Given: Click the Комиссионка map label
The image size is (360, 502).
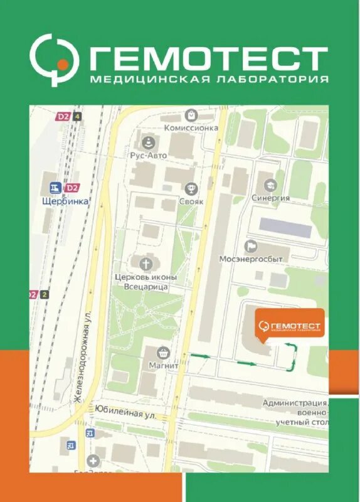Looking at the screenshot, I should point(191,127).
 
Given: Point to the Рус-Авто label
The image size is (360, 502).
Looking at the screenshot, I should point(148,156).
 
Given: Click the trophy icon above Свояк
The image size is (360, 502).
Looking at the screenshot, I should point(191,188).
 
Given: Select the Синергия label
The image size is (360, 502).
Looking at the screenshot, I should point(271,198).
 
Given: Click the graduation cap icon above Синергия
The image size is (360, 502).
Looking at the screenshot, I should point(271,185).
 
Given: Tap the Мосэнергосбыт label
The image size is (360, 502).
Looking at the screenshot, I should point(254,259).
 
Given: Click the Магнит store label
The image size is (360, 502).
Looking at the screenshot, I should point(164,365).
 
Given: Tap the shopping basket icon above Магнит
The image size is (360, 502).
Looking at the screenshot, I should point(163,352).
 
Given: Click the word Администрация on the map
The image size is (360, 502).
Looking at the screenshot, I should point(294,403).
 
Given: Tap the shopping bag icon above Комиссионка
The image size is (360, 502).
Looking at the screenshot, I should point(191,115).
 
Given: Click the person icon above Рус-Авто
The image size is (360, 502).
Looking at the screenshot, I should point(148,142).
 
